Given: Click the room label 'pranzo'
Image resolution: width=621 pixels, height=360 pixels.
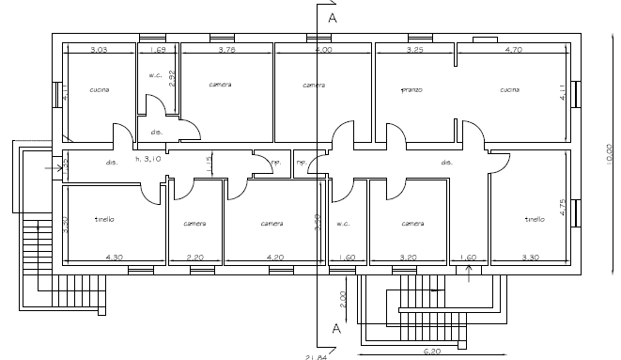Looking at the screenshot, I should point(411,90).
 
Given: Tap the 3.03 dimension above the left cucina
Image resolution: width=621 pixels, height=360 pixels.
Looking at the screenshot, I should point(101,49).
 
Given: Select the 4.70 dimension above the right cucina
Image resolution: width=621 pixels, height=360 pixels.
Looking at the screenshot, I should point(511,49).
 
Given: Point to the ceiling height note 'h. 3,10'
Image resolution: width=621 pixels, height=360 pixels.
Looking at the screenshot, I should point(148,159).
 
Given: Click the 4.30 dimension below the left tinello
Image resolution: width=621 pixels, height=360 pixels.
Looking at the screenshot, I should point(115,257).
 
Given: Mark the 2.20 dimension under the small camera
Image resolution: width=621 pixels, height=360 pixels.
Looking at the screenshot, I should point(194,257).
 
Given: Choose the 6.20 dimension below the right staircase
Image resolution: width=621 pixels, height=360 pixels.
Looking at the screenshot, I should point(432,352).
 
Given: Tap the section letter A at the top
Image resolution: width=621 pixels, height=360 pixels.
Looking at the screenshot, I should point(333,17).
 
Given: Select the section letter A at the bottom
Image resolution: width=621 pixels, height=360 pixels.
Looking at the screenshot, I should point(335,327).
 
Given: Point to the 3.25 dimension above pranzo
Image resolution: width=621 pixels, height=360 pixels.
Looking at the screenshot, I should point(414,49).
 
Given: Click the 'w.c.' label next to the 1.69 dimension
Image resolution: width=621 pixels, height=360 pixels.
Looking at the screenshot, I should point(156,75).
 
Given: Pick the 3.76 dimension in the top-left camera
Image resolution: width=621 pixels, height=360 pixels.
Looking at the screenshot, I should point(226,49).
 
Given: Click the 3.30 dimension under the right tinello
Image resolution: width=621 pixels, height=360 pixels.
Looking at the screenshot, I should point(532,257).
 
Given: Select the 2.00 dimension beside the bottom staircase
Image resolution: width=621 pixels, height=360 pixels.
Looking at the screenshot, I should point(344,300).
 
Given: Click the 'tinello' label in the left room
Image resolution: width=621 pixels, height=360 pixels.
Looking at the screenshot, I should point(104,219).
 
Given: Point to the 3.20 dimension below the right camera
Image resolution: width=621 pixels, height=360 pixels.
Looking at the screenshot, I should point(409,257).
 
